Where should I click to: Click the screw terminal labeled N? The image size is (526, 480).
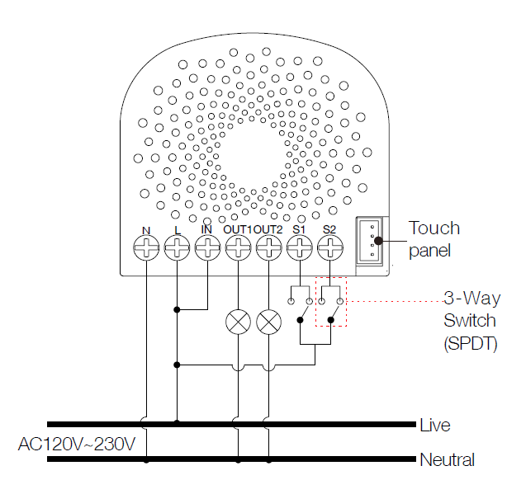click(x=145, y=247)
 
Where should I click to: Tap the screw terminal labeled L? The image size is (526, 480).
click(x=176, y=247)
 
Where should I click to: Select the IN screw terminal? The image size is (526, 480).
click(x=206, y=247)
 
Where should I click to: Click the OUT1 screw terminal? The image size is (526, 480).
click(x=238, y=247)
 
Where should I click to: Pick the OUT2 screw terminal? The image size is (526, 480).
click(x=268, y=247)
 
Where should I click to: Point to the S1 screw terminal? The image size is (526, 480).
click(x=299, y=247)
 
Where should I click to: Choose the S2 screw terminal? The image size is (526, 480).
click(x=329, y=247)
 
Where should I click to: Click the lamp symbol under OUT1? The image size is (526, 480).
click(x=238, y=322)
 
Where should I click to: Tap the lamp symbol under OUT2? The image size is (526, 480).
click(x=268, y=322)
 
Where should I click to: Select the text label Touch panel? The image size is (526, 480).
click(x=434, y=238)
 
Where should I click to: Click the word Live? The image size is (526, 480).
click(x=435, y=426)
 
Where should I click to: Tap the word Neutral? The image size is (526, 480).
click(x=447, y=459)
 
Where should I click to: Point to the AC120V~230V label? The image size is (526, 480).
click(x=77, y=445)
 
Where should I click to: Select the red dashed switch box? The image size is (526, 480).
click(x=331, y=301)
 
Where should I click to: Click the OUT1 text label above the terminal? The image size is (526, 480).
click(x=237, y=228)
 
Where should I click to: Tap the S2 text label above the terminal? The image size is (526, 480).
click(x=329, y=228)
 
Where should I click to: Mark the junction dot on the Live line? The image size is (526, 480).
click(x=177, y=424)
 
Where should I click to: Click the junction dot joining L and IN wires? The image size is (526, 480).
click(x=177, y=310)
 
